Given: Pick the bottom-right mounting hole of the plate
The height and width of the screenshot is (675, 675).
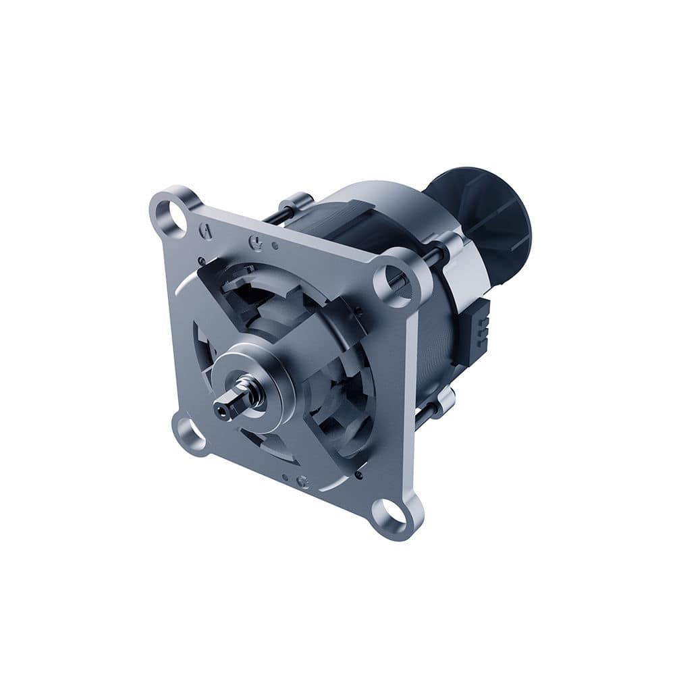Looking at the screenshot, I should (x=395, y=514).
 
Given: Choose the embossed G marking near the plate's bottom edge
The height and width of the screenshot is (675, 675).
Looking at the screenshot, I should (x=303, y=481).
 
